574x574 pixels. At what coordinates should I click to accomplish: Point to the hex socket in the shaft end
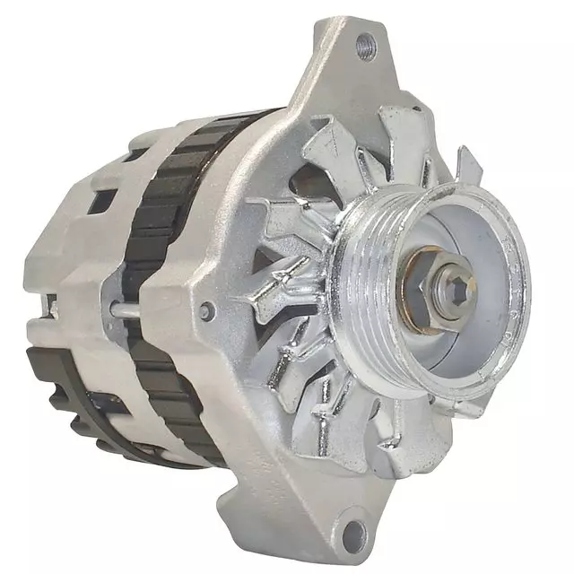[x=446, y=290]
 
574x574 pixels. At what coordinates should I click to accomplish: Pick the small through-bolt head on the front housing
[x=207, y=311]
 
